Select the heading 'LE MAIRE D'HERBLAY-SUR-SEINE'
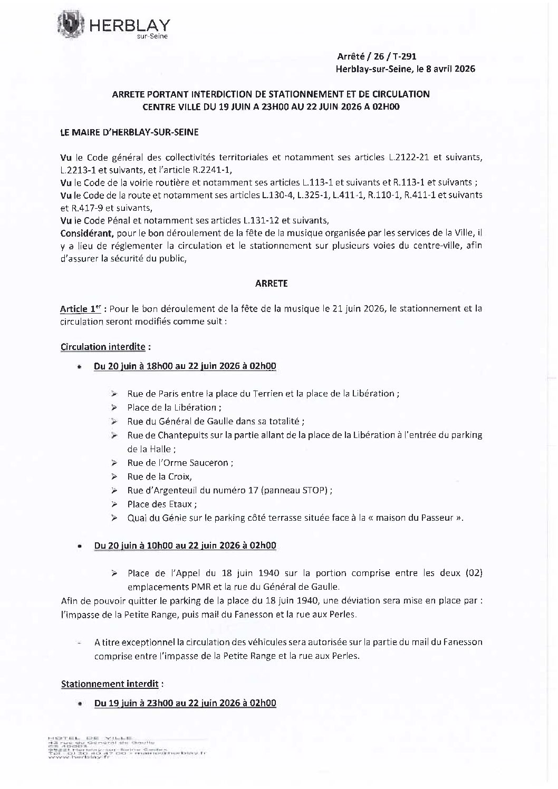(130, 132)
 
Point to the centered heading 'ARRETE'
(271, 283)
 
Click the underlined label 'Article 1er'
(80, 309)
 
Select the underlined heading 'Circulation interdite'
(103, 347)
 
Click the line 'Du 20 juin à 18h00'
(185, 366)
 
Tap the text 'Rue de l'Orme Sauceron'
(179, 463)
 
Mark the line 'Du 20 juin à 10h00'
(185, 546)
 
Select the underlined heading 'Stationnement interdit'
(110, 684)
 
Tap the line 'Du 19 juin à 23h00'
(185, 703)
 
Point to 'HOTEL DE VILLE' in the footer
(90, 737)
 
